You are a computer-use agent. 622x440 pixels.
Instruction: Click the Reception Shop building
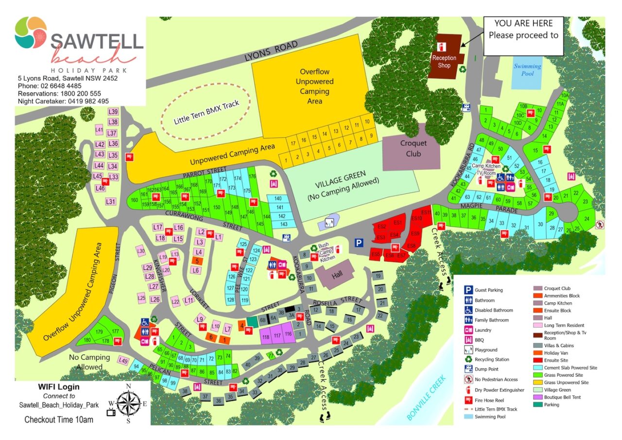pyautogui.click(x=444, y=56)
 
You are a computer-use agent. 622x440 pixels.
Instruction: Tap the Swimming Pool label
pyautogui.click(x=527, y=70)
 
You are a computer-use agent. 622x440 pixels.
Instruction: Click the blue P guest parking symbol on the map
pyautogui.click(x=359, y=243)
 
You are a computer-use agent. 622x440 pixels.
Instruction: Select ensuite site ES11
pyautogui.click(x=426, y=212)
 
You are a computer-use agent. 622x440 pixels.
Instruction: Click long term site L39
pyautogui.click(x=113, y=111)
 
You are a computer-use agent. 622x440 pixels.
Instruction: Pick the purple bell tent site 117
pyautogui.click(x=277, y=335)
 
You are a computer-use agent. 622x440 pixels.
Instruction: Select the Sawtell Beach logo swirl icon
pyautogui.click(x=31, y=33)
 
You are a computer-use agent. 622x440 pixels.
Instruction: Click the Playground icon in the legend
pyautogui.click(x=468, y=350)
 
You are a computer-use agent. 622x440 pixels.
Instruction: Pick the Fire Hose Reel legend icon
pyautogui.click(x=468, y=399)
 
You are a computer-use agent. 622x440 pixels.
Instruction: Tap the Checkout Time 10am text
pyautogui.click(x=59, y=419)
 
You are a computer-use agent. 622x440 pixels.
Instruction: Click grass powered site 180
pyautogui.click(x=87, y=340)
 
